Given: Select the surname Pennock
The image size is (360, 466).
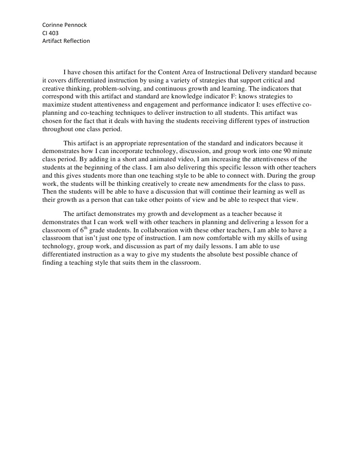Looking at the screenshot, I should coord(76,25).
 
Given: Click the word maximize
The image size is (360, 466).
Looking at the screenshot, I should coord(56,105).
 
